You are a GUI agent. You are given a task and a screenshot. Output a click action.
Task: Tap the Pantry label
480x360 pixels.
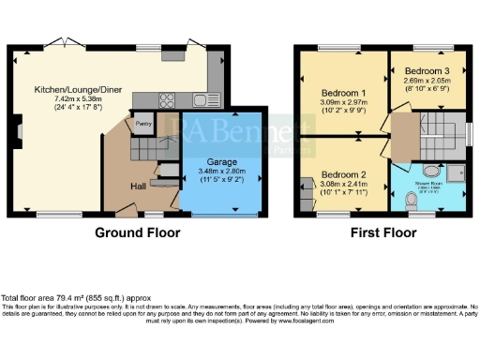click(x=143, y=123)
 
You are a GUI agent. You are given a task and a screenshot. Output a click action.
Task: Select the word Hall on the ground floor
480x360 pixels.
click(x=139, y=186)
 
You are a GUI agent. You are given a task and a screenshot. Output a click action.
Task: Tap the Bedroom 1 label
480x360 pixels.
click(x=344, y=93)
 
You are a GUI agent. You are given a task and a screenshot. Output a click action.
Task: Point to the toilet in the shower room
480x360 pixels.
click(x=411, y=202)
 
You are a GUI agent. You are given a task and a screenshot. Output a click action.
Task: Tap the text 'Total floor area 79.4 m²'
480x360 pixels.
click(x=52, y=298)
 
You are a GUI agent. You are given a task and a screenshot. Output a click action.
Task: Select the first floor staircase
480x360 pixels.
click(x=437, y=134)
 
